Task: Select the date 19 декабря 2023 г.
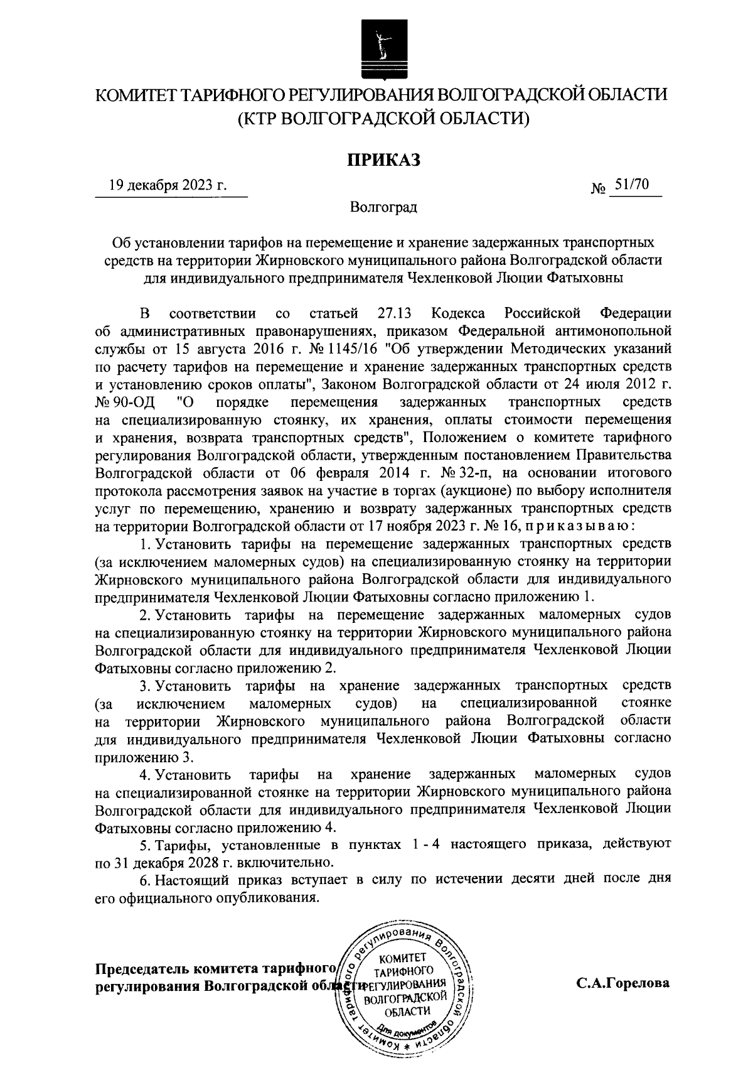click(167, 185)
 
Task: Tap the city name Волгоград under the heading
click(383, 207)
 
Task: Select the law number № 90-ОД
click(125, 401)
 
